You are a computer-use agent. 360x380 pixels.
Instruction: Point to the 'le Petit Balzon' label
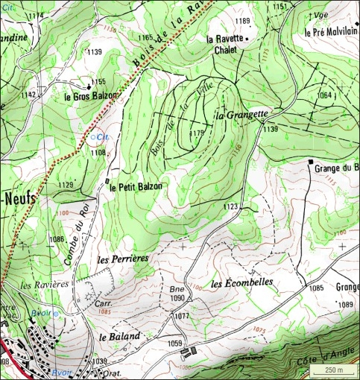point(136,187)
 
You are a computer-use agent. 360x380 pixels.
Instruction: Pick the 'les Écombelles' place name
point(242,283)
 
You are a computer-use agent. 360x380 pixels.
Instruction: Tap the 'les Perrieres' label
point(124,258)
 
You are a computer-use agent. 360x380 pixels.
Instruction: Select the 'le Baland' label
point(119,337)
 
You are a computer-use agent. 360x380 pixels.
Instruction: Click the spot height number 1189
point(242,21)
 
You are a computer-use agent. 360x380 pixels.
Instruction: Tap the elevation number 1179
point(197,133)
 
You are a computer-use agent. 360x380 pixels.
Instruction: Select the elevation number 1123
point(230,206)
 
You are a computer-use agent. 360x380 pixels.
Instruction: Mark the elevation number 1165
point(145,37)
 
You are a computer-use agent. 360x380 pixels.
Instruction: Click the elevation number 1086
point(57,239)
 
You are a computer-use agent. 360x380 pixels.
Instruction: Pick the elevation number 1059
point(174,343)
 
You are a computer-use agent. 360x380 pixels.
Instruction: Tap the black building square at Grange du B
point(311,161)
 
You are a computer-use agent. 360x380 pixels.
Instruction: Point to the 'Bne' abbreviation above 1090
point(176,289)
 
